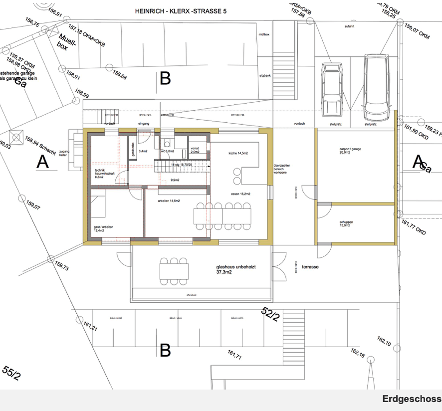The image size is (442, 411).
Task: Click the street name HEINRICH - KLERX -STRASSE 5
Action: coord(181,10)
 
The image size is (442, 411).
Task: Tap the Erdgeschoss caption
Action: coord(412,399)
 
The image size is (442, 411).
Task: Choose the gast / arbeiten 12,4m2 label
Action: coord(103,229)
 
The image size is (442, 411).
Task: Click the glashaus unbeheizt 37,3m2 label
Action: coord(236,270)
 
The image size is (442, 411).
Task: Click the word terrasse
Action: coord(310,267)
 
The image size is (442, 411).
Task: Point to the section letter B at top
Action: coord(165,79)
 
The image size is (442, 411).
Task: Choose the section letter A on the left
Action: coord(43,162)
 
